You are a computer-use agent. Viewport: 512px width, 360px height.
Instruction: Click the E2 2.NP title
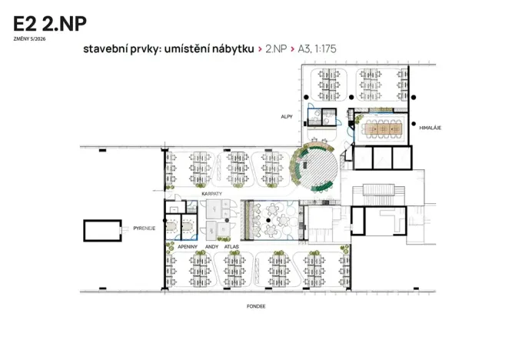50,24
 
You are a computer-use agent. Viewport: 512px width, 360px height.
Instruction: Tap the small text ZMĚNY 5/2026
30,39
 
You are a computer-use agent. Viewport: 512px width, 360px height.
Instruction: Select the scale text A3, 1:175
317,49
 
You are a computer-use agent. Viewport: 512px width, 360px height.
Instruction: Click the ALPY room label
287,117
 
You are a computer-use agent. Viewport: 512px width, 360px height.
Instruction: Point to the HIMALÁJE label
430,128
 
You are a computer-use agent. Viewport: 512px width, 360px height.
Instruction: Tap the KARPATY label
211,194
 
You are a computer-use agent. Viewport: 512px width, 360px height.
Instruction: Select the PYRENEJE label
145,228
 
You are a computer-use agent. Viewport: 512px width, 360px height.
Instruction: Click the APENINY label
188,247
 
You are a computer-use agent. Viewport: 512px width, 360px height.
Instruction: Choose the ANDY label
212,247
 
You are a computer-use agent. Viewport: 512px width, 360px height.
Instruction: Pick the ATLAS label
231,247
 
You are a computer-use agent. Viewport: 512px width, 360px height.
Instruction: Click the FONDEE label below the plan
256,306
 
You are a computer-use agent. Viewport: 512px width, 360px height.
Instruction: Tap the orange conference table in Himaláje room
384,128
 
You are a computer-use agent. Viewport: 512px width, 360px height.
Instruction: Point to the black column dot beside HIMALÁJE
414,124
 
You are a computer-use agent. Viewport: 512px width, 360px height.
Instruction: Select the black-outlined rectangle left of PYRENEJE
102,231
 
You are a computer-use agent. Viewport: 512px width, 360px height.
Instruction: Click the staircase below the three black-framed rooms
379,190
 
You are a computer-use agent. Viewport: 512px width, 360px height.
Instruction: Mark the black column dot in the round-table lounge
268,221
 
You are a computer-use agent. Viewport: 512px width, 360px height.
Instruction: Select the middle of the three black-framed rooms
382,158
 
